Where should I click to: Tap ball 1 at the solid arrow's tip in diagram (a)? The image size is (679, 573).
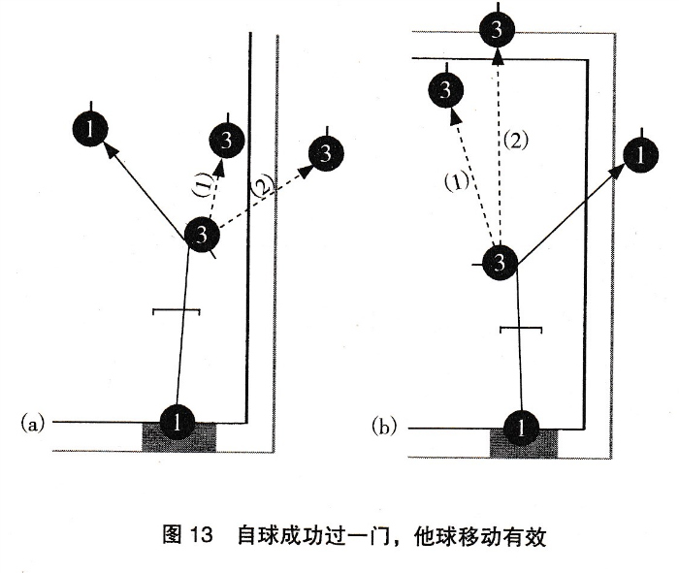click(x=90, y=129)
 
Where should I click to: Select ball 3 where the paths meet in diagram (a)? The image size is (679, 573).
click(x=201, y=234)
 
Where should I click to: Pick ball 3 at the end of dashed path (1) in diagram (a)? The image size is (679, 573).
click(x=226, y=142)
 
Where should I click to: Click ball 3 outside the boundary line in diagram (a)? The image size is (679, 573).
click(x=325, y=153)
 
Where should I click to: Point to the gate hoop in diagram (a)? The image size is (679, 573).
click(x=177, y=311)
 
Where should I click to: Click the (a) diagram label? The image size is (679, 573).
click(x=32, y=423)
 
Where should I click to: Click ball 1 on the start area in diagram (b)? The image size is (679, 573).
click(x=523, y=427)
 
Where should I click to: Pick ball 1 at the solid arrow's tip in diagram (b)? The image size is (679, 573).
click(x=637, y=154)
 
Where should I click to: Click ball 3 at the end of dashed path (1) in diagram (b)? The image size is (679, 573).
click(x=444, y=91)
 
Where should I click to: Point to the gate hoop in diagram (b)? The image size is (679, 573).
click(x=522, y=330)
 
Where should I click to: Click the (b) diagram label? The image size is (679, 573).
click(x=384, y=425)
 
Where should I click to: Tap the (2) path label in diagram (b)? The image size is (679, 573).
click(x=515, y=141)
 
